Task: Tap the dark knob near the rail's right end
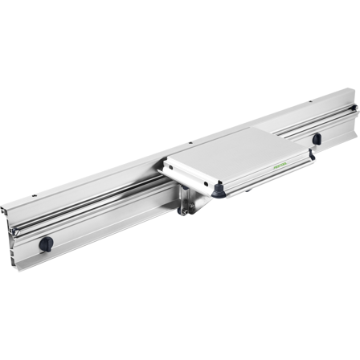pyautogui.click(x=316, y=138)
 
